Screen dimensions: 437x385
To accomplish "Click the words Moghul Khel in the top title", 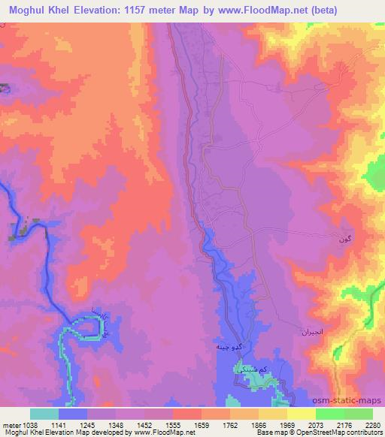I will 38,11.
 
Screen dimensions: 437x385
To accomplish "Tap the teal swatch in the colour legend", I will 44,414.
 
